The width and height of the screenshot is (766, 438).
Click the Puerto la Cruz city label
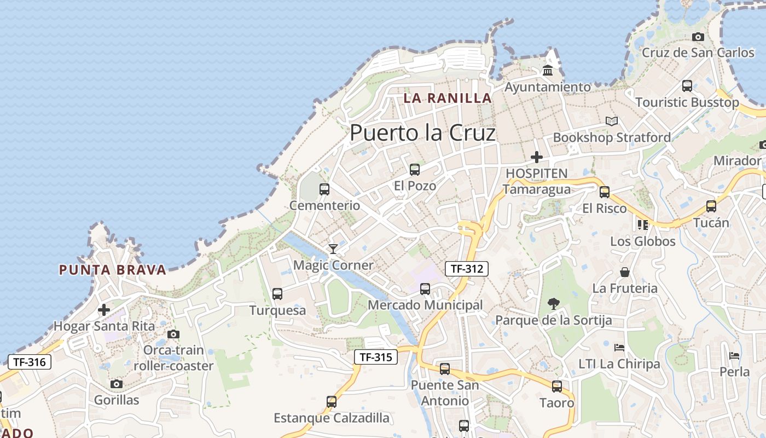click(422, 133)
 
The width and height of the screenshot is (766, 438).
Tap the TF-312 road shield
click(466, 269)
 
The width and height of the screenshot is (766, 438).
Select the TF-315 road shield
click(376, 358)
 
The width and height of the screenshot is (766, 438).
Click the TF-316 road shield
click(30, 362)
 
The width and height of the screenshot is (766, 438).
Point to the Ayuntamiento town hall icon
click(548, 71)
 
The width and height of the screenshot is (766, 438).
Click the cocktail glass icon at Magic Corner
click(333, 249)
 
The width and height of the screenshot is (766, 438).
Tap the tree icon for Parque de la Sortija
click(554, 304)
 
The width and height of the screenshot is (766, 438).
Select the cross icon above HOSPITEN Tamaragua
click(537, 158)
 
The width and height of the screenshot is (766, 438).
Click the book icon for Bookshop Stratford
click(612, 121)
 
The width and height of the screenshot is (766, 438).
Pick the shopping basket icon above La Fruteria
click(625, 272)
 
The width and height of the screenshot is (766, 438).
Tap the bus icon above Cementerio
click(324, 189)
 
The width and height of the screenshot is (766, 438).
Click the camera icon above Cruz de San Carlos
click(698, 37)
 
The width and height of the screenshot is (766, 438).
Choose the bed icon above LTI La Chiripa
click(619, 348)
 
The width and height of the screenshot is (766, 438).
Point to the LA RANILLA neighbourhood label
click(448, 98)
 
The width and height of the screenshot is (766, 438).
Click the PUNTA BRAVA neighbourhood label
click(112, 269)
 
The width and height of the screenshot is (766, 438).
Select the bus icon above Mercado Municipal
click(425, 289)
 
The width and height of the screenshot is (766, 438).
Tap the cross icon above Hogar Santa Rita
click(104, 310)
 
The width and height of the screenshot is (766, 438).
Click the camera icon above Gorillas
click(117, 384)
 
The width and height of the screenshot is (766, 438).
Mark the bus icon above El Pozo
click(415, 170)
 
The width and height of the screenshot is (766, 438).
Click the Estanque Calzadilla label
click(332, 418)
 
